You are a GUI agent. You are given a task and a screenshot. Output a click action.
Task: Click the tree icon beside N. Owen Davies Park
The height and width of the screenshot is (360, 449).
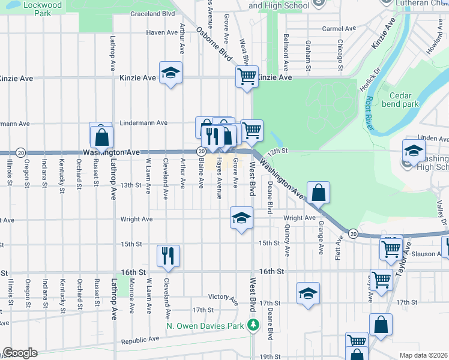tap(253, 326)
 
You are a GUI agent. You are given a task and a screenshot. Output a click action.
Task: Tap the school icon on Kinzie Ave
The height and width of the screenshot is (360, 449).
tap(171, 73)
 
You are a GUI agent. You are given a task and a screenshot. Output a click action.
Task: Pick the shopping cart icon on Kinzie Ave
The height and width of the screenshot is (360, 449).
tap(247, 76)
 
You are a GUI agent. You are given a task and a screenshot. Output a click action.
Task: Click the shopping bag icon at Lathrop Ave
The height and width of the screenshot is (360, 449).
tap(102, 136)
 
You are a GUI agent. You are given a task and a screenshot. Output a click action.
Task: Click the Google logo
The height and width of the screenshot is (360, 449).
tap(20, 352)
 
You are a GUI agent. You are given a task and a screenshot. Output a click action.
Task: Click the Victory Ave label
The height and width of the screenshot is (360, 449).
tap(223, 296)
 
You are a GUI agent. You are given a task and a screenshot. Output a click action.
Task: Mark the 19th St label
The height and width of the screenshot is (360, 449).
tap(267, 356)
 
